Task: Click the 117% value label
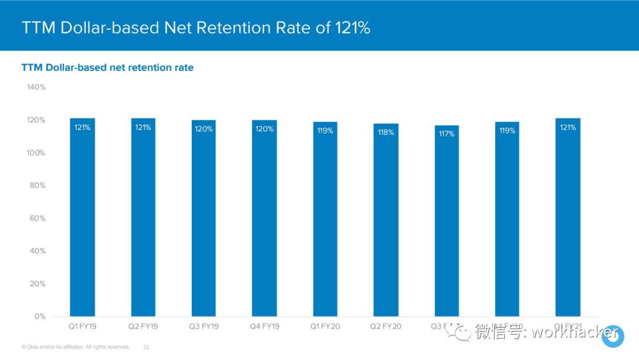pos(446,134)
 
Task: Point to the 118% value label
pos(386,132)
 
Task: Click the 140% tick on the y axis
pos(36,87)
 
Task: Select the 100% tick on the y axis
pos(36,153)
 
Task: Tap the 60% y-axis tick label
pos(38,218)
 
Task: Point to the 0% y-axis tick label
pos(40,316)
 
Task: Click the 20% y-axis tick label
pos(38,284)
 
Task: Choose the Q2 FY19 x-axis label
pos(143,326)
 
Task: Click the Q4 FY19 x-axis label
pos(264,326)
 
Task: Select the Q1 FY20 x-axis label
pos(325,326)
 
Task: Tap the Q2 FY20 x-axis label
pos(386,326)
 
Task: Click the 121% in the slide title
pos(353,28)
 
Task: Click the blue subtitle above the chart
pos(108,67)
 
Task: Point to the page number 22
pos(146,347)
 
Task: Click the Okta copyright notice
pos(75,347)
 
